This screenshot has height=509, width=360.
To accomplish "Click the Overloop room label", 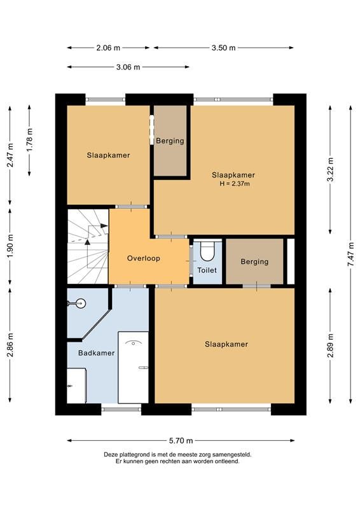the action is tap(144, 258).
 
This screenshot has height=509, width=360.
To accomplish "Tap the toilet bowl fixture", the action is tap(207, 251).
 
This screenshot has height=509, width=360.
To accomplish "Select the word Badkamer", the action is tap(97, 353).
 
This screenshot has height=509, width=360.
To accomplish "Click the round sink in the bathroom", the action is tap(81, 303).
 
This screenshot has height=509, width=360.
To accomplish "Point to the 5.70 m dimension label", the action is tap(181, 440).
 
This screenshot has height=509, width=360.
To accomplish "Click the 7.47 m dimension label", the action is tap(350, 254).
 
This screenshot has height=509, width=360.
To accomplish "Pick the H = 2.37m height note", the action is tap(235, 184).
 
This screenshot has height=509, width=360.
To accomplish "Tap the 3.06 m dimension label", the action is tap(128, 67).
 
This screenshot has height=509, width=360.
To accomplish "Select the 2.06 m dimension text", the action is tap(108, 48).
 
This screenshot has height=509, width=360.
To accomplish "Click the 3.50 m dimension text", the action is tap(223, 48).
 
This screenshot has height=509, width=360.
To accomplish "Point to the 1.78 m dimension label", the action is tap(29, 140).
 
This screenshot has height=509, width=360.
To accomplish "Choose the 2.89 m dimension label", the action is tap(331, 345).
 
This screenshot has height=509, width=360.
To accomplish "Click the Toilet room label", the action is tap(207, 270).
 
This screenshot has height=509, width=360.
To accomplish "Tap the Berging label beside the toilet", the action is tap(254, 261).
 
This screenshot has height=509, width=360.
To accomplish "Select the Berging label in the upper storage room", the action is tap(170, 141).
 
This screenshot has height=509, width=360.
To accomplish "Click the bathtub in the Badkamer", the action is tap(133, 367).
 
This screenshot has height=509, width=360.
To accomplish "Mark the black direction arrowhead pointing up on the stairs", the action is tap(87, 242).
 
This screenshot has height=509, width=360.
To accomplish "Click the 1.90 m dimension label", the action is tap(10, 246).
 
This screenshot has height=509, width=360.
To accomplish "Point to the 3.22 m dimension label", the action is tap(331, 170).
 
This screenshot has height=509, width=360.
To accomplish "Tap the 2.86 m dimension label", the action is tap(10, 345).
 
